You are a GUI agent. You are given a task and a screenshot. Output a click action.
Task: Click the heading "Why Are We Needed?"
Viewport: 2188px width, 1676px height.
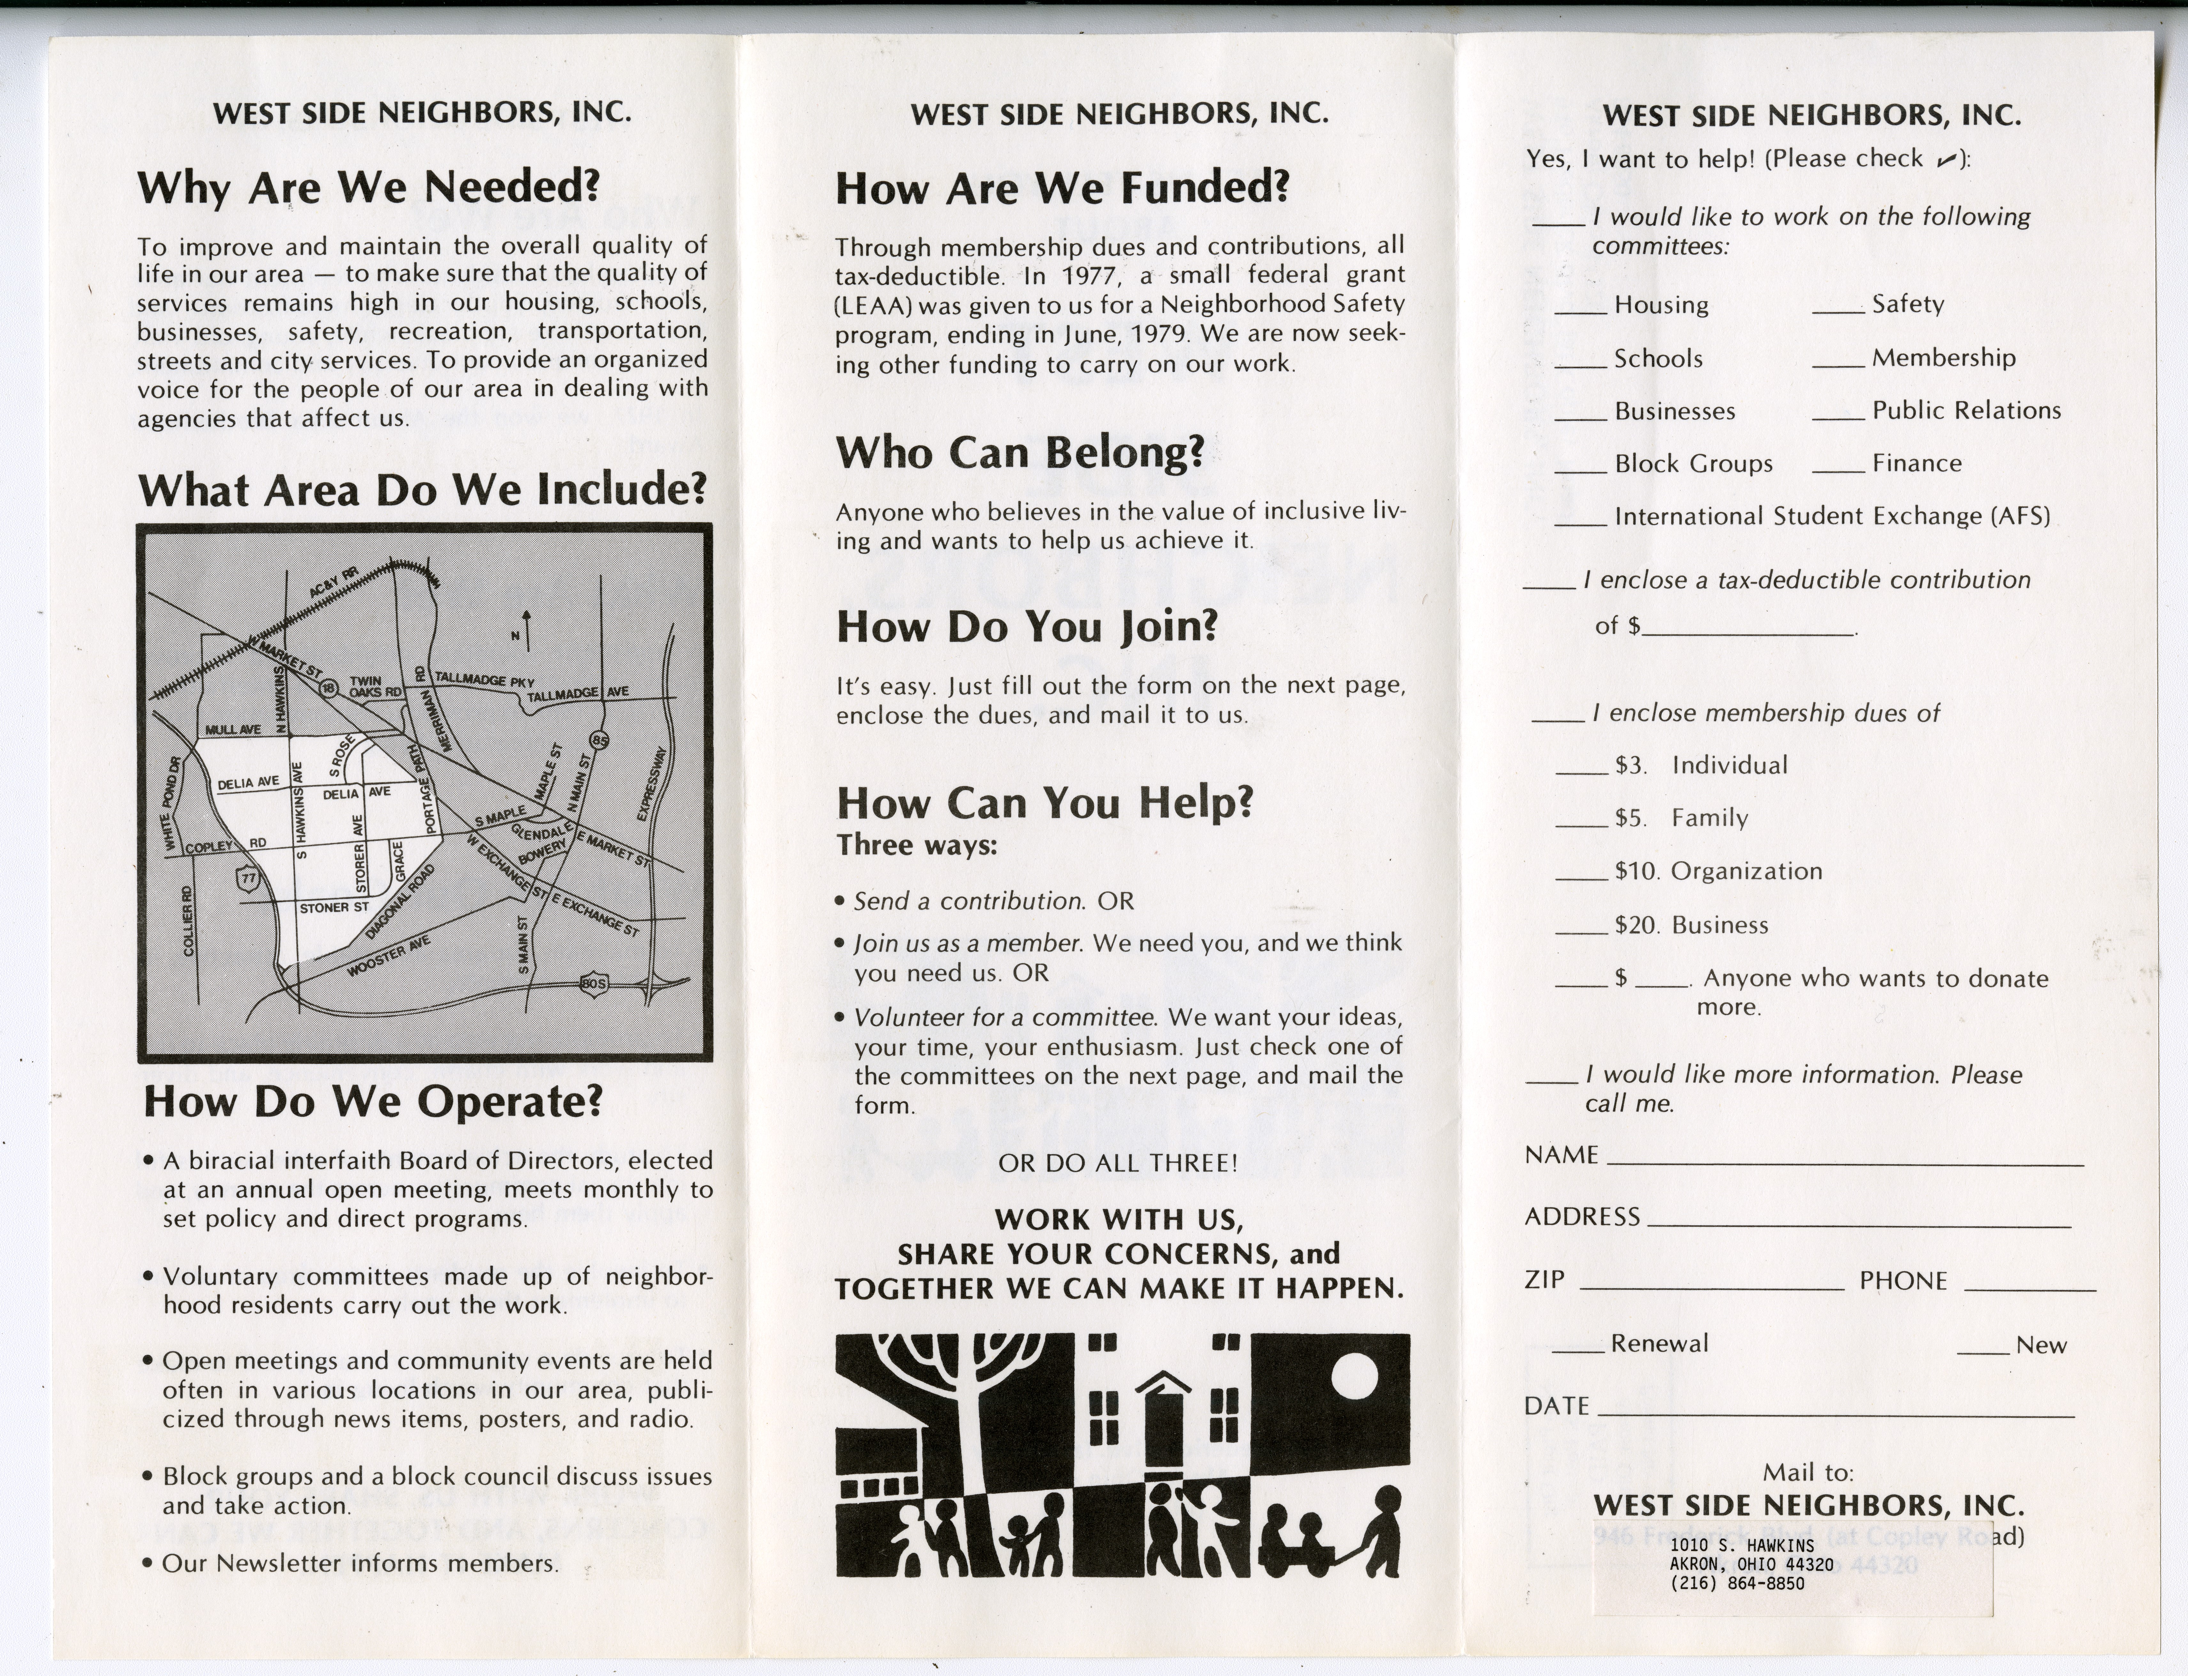click(x=368, y=188)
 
